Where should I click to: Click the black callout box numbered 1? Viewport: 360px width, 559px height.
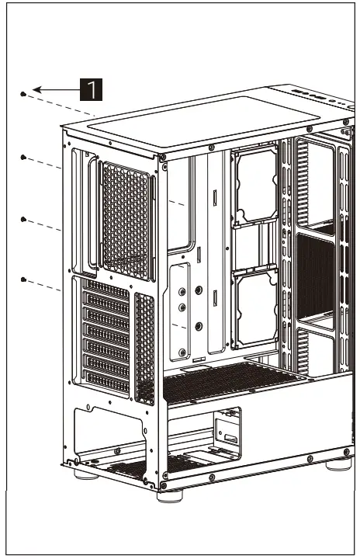(92, 89)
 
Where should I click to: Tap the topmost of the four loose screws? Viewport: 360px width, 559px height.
(23, 94)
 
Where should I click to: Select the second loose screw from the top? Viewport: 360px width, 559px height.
(23, 158)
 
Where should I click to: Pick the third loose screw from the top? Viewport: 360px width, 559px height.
(23, 220)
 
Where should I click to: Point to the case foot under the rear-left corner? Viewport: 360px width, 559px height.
(79, 470)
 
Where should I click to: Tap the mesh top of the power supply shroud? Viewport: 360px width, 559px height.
(233, 380)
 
